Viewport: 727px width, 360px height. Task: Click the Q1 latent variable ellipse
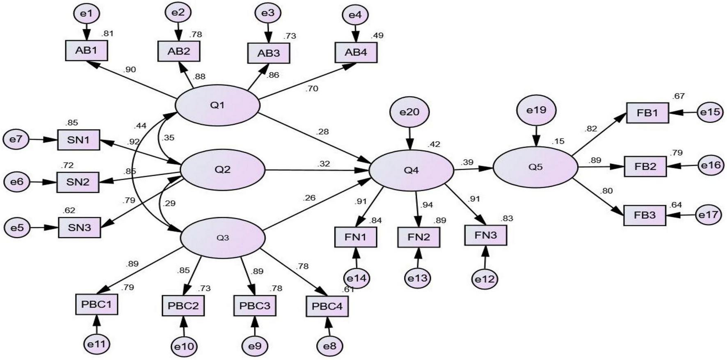coord(217,105)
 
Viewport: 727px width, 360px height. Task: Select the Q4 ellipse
coord(411,170)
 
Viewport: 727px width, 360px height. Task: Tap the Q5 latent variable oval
coord(535,167)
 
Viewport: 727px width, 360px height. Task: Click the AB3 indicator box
coord(269,53)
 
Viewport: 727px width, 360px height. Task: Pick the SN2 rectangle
coord(78,182)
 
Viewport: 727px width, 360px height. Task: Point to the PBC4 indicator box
coord(327,306)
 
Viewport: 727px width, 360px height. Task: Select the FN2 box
coord(418,237)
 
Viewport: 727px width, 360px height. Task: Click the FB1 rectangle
coord(647,113)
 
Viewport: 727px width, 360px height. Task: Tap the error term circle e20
coord(409,112)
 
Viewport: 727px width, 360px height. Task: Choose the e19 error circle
coord(536,110)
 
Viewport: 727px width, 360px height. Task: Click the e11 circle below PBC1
coord(97,344)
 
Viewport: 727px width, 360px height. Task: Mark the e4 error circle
coord(355,16)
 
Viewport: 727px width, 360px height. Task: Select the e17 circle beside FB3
coord(709,215)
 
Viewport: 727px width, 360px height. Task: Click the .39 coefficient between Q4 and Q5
coord(467,163)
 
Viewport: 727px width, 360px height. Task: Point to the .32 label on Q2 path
coord(323,164)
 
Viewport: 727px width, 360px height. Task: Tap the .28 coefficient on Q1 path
coord(322,132)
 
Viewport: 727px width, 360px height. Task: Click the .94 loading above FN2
coord(427,205)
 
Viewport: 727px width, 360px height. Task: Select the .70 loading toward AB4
coord(312,89)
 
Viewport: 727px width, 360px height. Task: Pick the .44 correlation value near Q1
coord(140,126)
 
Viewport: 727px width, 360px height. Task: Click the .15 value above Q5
coord(558,141)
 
